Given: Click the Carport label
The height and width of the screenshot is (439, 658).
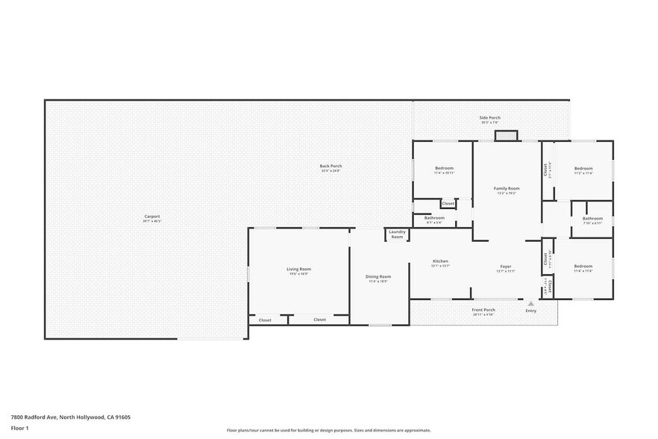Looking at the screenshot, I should (x=152, y=217).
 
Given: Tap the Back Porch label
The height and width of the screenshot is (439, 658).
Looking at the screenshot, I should (x=330, y=166).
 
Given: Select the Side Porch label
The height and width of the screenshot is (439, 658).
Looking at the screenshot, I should (x=489, y=117).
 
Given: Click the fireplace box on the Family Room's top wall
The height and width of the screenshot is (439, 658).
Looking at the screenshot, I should (x=506, y=135).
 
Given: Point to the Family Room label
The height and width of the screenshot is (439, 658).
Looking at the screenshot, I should (x=507, y=188).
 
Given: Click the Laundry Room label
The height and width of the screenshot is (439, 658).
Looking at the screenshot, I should (x=397, y=234).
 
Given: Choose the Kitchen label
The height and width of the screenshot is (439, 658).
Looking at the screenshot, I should (x=440, y=261).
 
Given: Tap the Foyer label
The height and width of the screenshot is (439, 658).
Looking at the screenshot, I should (x=506, y=267).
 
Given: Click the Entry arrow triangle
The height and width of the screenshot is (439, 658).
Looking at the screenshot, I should (x=530, y=304).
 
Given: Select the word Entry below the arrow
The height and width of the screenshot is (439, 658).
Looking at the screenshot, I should (x=530, y=311).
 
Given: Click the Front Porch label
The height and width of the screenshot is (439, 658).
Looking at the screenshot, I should (x=483, y=310).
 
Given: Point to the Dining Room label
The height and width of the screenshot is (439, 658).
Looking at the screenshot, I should (x=378, y=276).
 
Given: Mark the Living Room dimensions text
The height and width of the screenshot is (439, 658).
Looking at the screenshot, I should (x=298, y=274).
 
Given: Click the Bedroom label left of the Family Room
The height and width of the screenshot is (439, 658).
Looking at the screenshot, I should (x=444, y=168).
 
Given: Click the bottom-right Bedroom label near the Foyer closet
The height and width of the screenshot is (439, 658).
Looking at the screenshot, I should (x=583, y=266).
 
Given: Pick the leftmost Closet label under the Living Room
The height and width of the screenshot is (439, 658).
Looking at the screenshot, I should (x=265, y=320).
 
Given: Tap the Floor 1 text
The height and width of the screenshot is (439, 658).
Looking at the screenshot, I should (x=19, y=428).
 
